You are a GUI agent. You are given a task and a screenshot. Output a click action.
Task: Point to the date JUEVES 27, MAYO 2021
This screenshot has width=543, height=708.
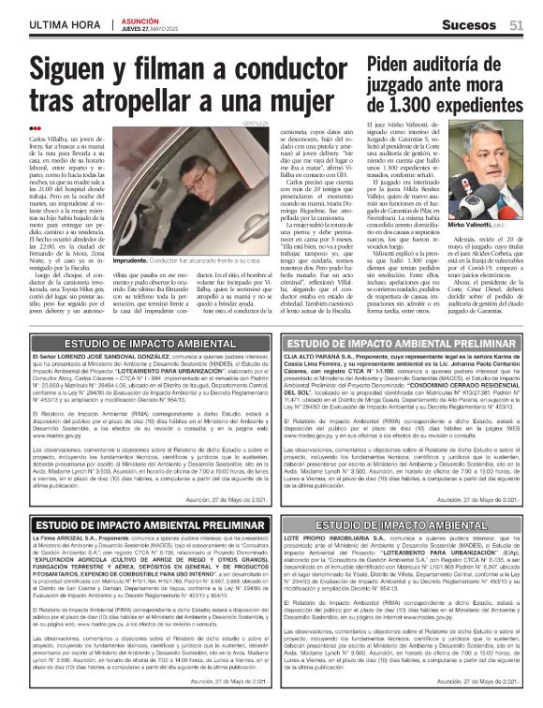pyautogui.click(x=155, y=27)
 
